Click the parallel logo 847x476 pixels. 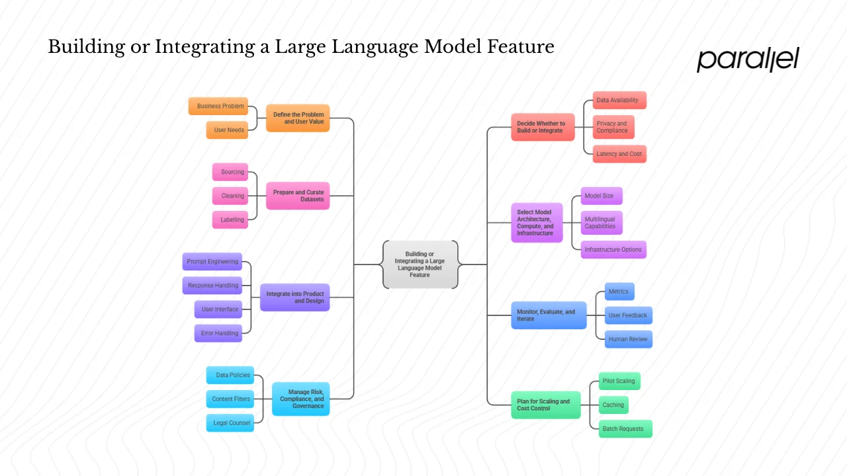(x=748, y=59)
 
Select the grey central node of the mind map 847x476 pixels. (x=420, y=264)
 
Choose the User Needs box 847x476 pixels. (x=226, y=130)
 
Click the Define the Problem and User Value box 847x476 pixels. (x=298, y=118)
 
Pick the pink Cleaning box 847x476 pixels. (x=230, y=196)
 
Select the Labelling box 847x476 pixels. (x=230, y=219)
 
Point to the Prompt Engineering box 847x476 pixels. (x=212, y=262)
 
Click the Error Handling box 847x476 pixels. (x=218, y=333)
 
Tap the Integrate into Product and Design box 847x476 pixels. (x=294, y=297)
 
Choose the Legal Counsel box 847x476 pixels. (x=230, y=423)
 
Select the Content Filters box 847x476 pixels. (x=230, y=399)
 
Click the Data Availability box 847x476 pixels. (x=619, y=100)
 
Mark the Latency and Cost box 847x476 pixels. (x=619, y=154)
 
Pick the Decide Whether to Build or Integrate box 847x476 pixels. (x=543, y=127)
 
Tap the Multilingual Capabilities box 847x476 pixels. (x=602, y=223)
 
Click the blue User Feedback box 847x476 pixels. (x=628, y=315)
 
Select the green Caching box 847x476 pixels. (x=613, y=405)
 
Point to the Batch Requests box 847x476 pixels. (x=625, y=428)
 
